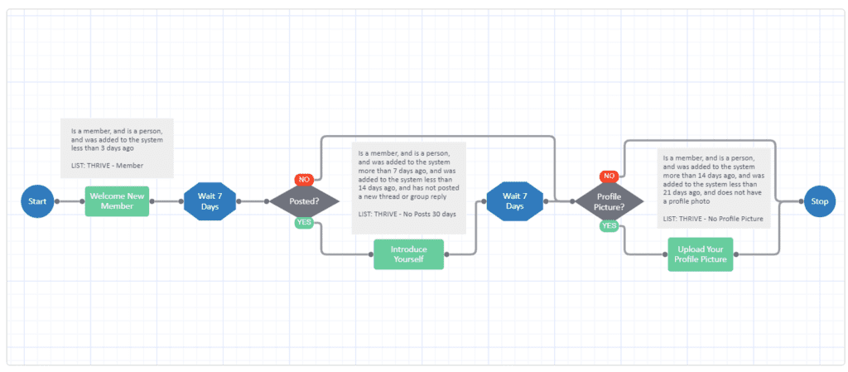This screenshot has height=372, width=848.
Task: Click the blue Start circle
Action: (37, 201)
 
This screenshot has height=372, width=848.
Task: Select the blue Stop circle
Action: (820, 201)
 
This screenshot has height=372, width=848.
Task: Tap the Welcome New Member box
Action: (117, 201)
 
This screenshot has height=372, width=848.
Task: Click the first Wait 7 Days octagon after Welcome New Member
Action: (210, 201)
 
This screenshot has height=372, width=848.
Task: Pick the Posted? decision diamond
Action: (304, 201)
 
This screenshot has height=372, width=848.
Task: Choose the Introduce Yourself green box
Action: (407, 254)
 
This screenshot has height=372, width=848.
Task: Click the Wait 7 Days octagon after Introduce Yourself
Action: (515, 201)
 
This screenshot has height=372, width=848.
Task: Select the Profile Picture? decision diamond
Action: (609, 201)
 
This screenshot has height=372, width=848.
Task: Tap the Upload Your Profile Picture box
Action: (701, 254)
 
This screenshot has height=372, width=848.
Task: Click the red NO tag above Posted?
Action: (304, 179)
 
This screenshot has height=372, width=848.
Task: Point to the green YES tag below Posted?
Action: (304, 223)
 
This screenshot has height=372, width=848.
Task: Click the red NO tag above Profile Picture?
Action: (609, 176)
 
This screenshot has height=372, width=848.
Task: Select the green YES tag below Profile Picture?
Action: (609, 225)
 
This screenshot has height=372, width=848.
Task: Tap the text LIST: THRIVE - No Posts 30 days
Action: (407, 215)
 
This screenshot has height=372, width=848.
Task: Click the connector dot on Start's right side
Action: (57, 201)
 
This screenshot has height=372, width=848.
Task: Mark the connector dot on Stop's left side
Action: (800, 201)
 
